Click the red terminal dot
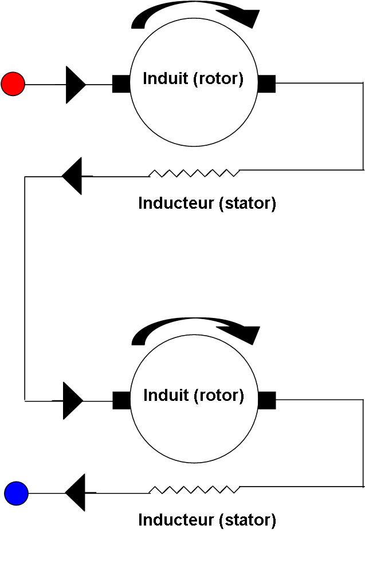pos(13,84)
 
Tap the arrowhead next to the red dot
pos(75,85)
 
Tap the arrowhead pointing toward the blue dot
pos(76,492)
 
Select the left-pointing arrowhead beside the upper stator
pos(73,176)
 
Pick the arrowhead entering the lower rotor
pos(73,401)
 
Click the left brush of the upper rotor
pos(121,84)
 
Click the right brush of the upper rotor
pos(267,84)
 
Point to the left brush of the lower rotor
pos(121,400)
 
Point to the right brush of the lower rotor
pos(267,400)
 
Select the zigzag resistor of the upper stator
pos(194,172)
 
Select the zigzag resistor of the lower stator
pos(194,489)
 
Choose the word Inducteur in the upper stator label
pos(176,203)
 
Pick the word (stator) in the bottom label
pos(248,520)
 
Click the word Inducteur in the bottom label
pos(176,520)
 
